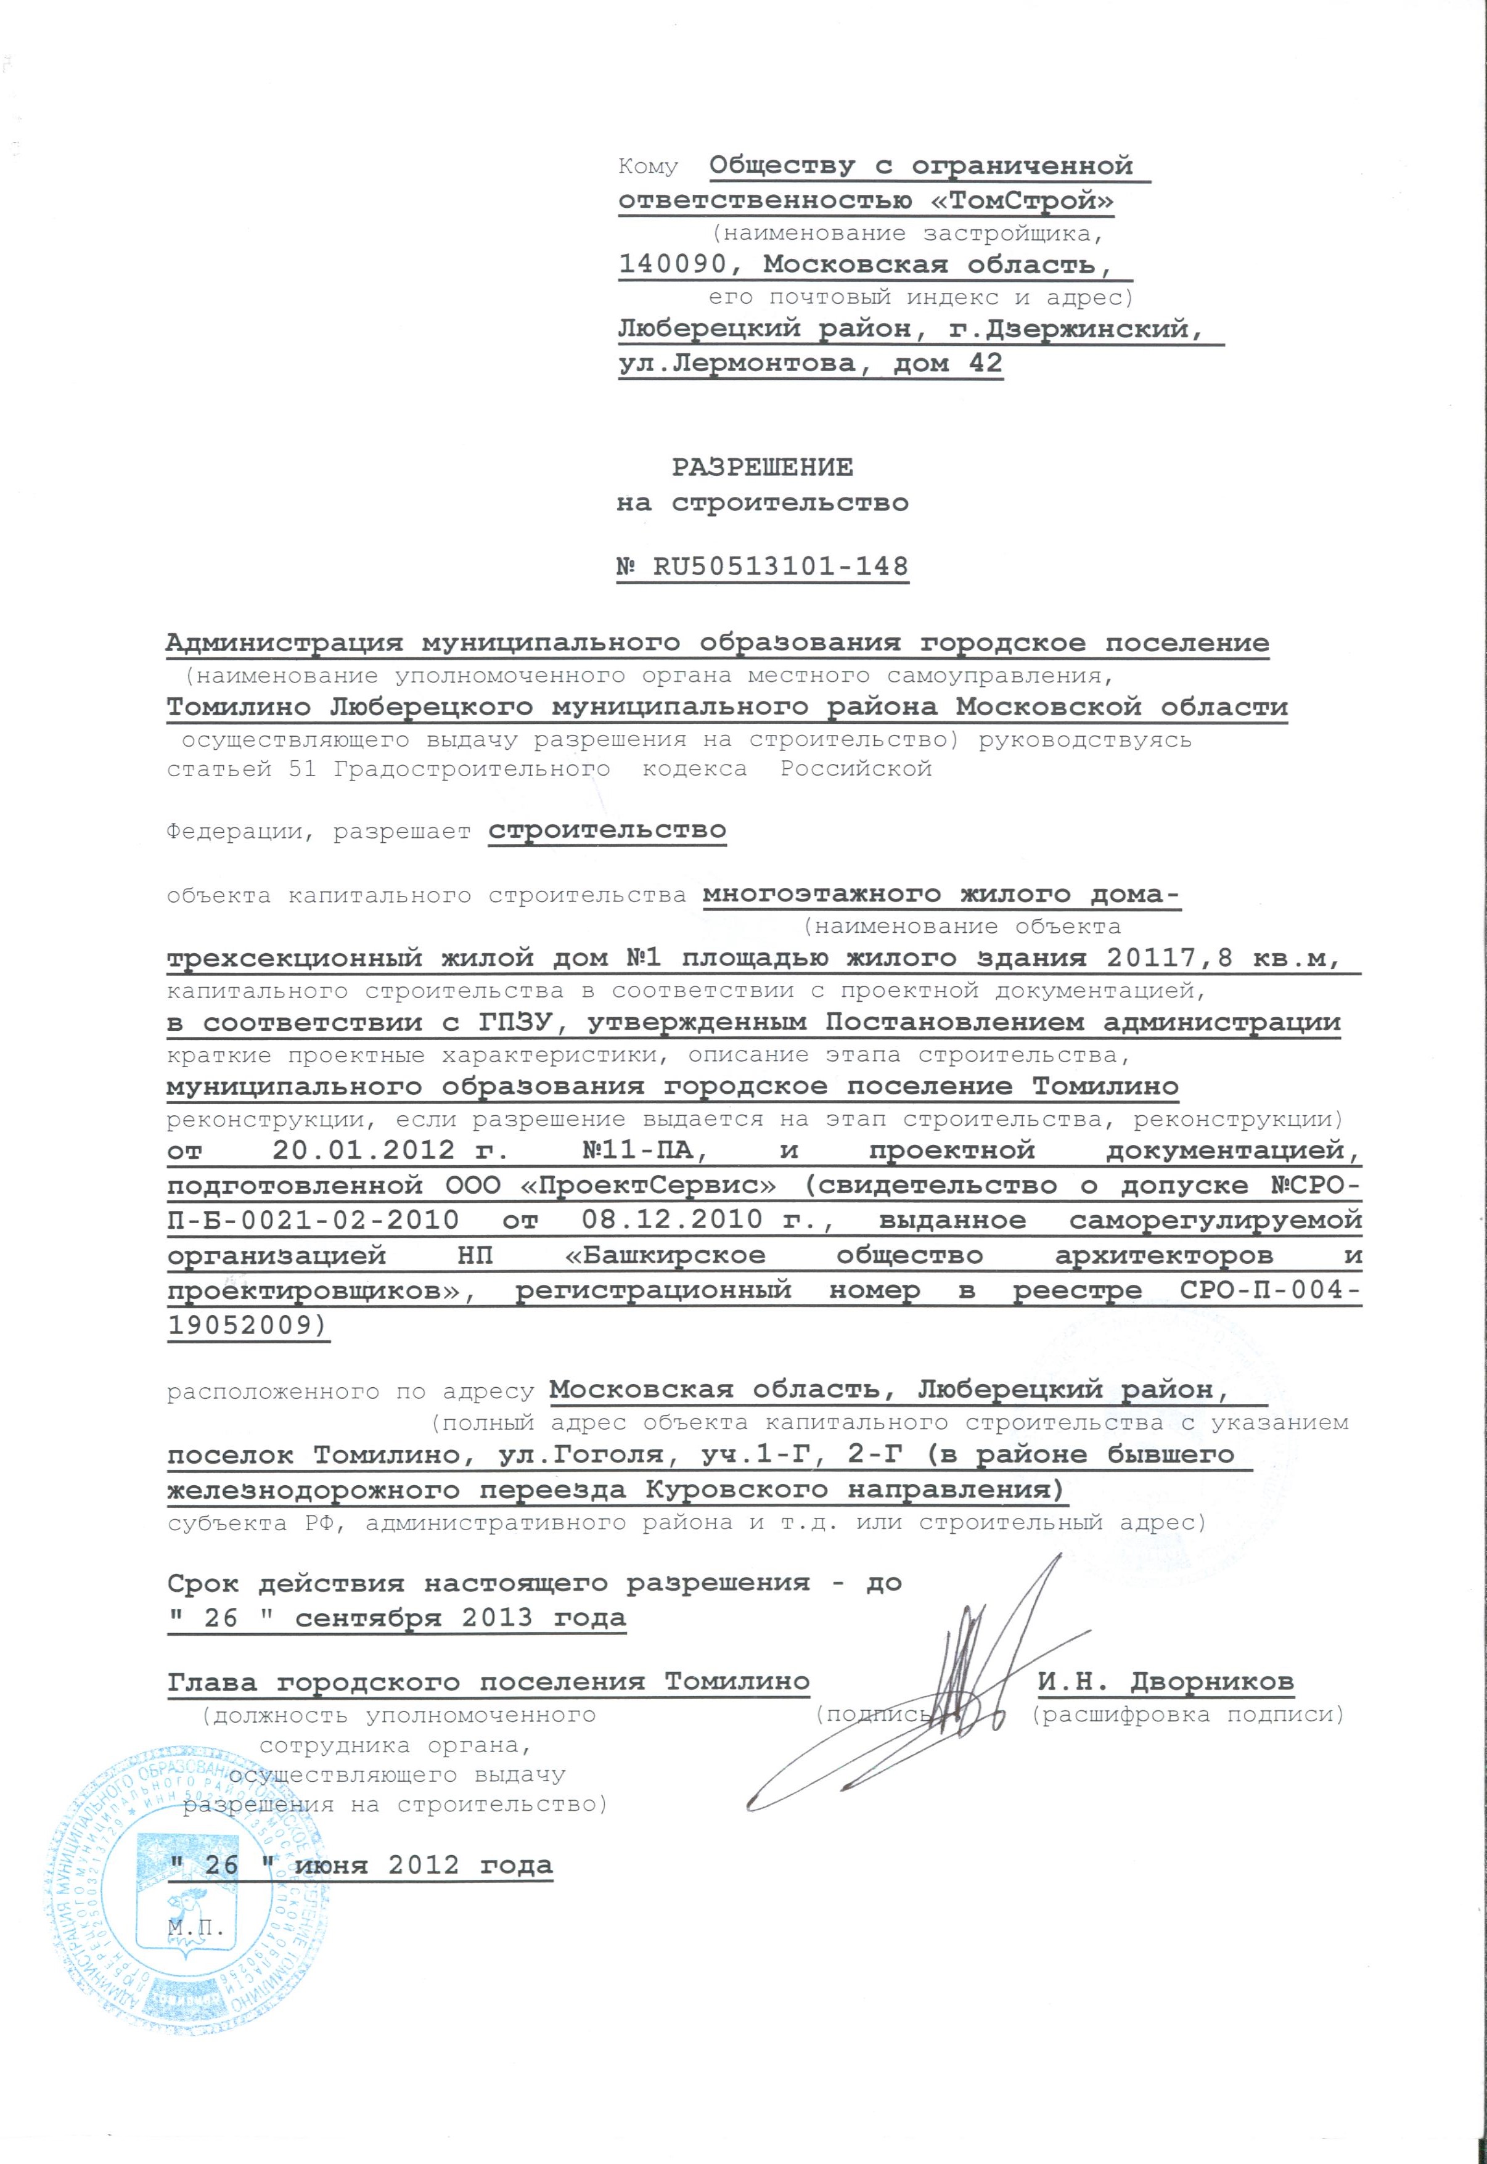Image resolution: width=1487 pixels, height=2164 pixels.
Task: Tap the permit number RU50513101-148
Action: (780, 567)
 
